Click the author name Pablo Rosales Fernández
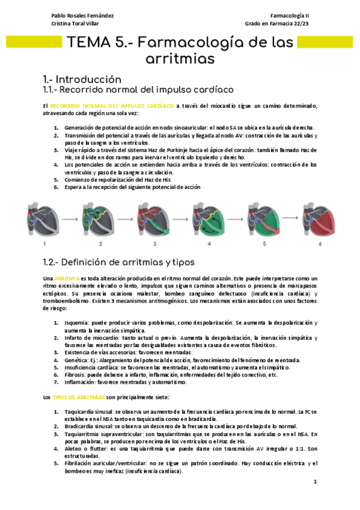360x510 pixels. point(82,16)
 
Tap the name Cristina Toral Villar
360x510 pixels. point(75,23)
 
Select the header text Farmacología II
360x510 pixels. point(290,16)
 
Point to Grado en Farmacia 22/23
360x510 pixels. point(277,23)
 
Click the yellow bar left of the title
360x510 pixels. point(34,42)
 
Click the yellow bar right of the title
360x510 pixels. point(325,42)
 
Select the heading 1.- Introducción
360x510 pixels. point(82,79)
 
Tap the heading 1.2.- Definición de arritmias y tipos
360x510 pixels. point(118,262)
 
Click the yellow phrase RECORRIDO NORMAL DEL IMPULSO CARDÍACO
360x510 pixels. point(112,106)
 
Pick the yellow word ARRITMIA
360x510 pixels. point(67,278)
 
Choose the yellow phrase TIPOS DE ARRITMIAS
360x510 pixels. point(79,397)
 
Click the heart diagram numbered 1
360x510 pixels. point(43,220)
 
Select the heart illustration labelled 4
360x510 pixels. point(209,220)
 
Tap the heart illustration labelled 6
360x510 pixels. point(319,220)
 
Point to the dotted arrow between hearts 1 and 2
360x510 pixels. point(70,220)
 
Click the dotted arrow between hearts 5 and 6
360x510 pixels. point(290,218)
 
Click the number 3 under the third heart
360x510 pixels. point(154,244)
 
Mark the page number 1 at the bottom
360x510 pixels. point(315,482)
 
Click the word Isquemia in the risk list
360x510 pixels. point(76,323)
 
